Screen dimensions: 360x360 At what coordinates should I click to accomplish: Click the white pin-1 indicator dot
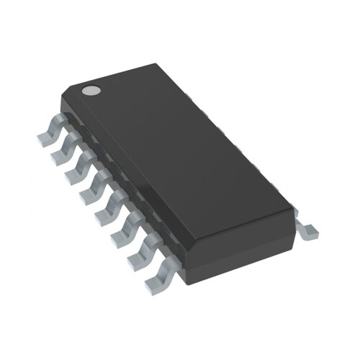(x=91, y=91)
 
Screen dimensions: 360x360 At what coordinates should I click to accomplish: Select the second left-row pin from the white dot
(x=64, y=147)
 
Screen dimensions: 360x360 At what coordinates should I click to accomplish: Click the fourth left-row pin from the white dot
(x=94, y=184)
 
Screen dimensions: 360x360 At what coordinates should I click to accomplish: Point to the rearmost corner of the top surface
(x=156, y=66)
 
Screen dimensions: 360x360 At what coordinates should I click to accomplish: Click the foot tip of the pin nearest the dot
(x=40, y=135)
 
